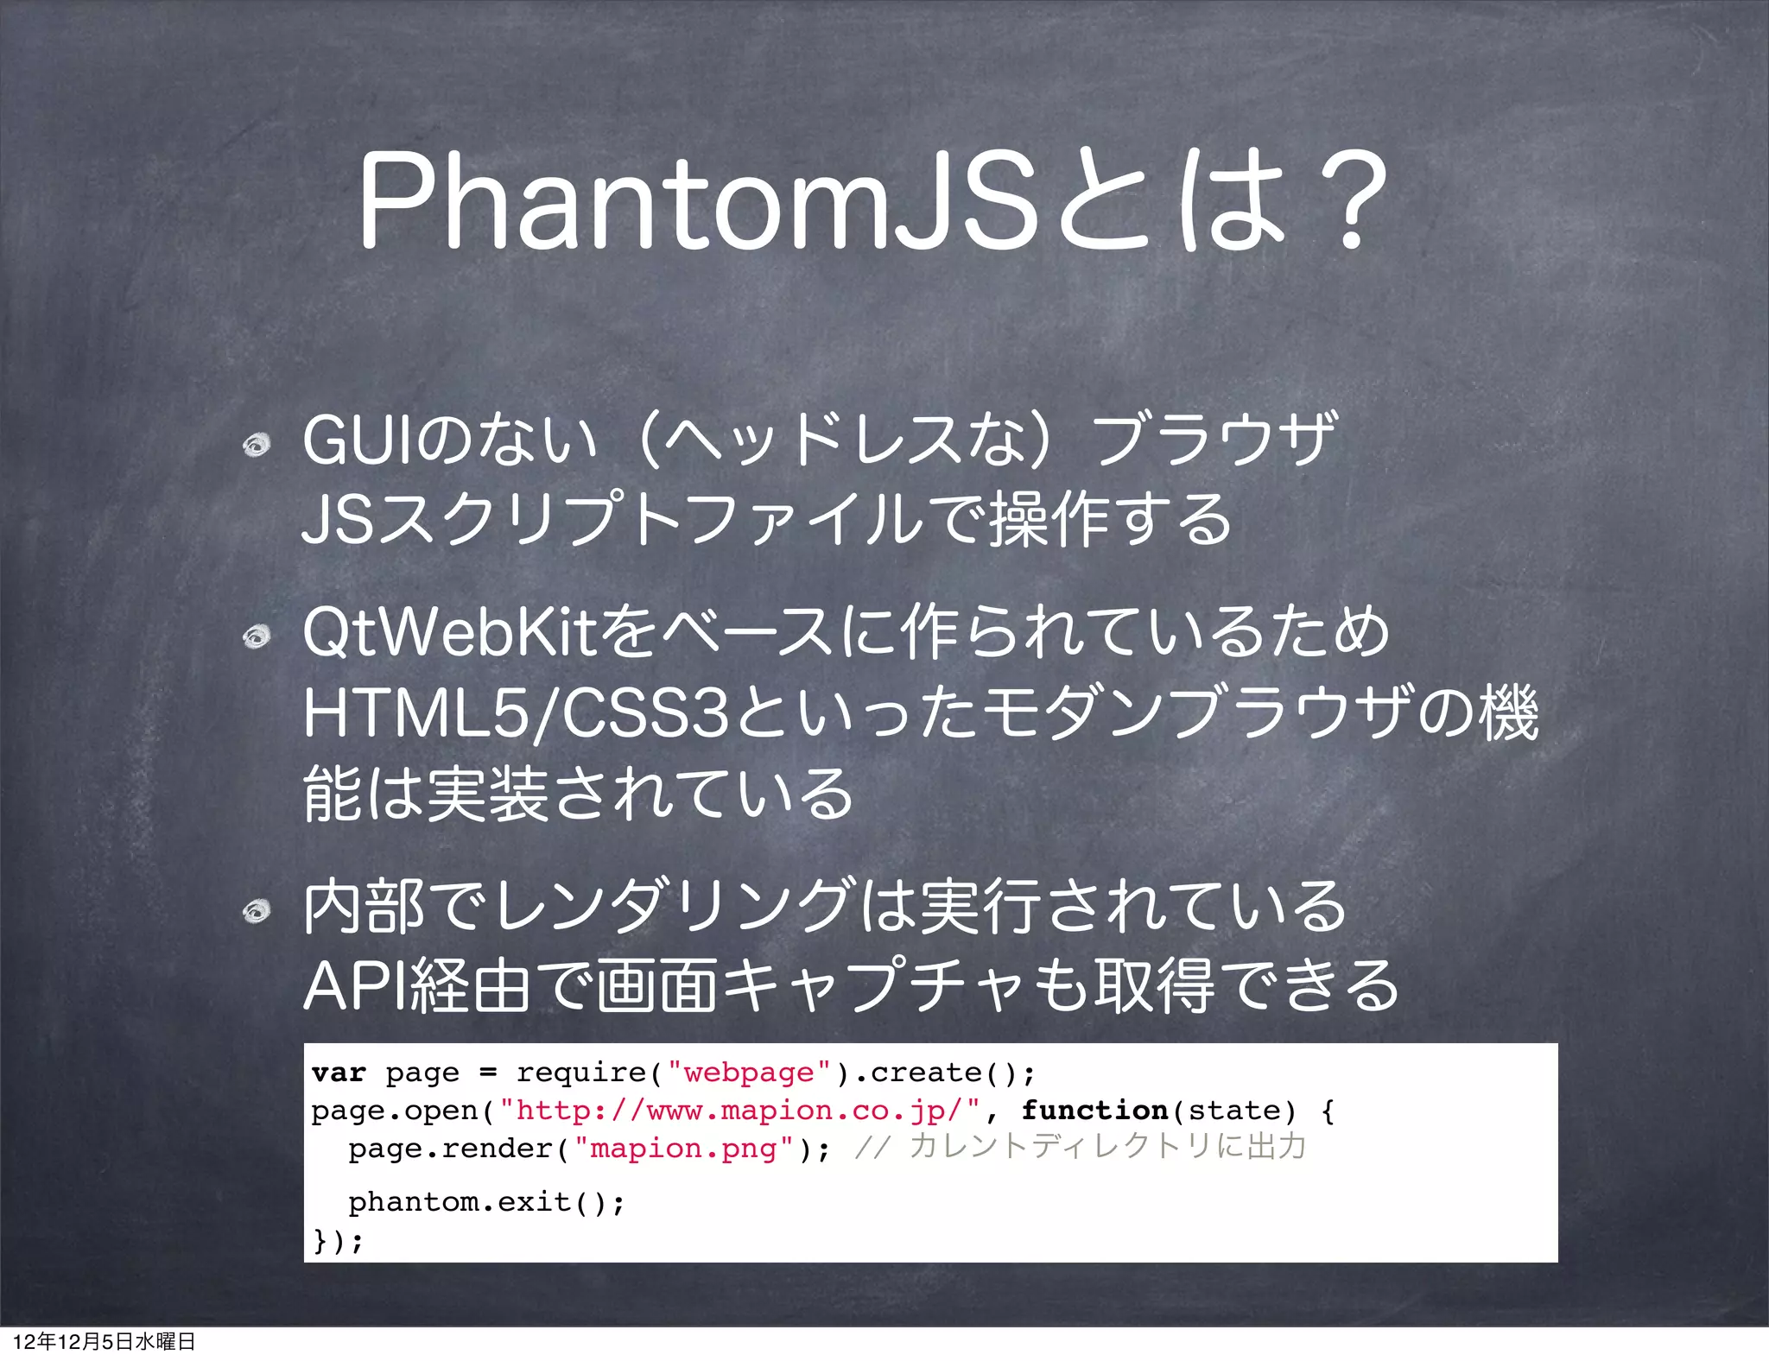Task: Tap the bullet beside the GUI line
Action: click(257, 446)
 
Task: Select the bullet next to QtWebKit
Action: click(257, 637)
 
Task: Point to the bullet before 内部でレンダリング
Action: click(257, 911)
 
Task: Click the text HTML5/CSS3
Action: click(517, 713)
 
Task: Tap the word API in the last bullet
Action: click(355, 986)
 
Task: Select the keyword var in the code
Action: click(339, 1073)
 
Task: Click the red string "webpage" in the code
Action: click(749, 1073)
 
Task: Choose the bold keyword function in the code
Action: click(1094, 1111)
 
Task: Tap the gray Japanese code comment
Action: click(1080, 1147)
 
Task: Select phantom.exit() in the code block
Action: click(485, 1202)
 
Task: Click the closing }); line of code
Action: click(338, 1241)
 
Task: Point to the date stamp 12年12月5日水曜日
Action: click(105, 1341)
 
